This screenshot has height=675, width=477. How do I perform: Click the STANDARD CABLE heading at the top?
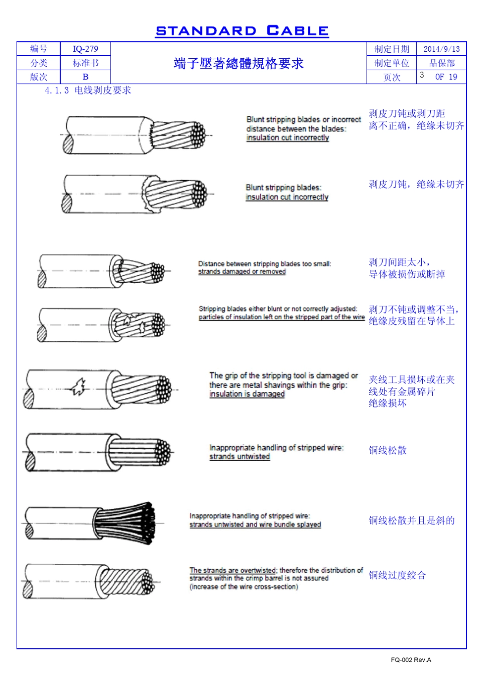tap(242, 31)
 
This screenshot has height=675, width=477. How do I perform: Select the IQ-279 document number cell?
tap(85, 49)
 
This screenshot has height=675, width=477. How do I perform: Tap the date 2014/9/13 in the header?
tap(441, 49)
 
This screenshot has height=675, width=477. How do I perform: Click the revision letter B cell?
tap(85, 77)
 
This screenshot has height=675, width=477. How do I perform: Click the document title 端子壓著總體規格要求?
tap(238, 63)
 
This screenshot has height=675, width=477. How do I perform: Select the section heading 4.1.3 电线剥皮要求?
tap(88, 90)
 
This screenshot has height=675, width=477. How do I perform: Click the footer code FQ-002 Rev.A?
tap(411, 659)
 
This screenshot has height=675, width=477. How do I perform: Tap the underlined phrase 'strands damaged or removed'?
tap(242, 272)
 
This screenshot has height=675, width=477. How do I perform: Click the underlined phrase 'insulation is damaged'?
tap(247, 394)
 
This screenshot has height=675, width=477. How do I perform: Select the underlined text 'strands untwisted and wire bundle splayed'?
tap(255, 524)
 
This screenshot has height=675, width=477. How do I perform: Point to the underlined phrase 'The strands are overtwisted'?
tap(232, 570)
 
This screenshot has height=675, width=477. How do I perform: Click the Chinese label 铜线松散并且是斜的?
tap(411, 520)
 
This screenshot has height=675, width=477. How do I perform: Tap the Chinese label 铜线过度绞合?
tap(397, 575)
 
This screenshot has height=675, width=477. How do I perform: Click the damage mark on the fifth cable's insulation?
tap(78, 386)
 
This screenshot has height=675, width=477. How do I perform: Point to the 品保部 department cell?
tap(441, 63)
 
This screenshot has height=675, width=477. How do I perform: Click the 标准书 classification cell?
tap(85, 63)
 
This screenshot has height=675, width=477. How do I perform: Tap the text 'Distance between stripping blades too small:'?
tap(264, 263)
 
